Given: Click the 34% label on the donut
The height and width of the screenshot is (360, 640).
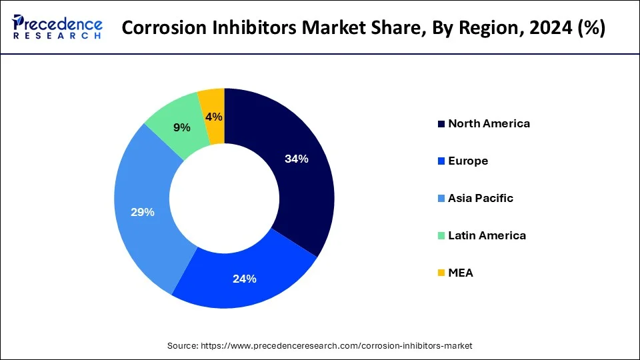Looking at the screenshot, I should click(x=295, y=159).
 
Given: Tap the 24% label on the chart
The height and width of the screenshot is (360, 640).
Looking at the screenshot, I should click(x=245, y=279).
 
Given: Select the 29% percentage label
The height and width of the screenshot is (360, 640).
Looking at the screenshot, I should click(x=143, y=212).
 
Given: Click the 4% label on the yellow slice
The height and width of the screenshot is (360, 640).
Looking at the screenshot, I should click(x=215, y=117).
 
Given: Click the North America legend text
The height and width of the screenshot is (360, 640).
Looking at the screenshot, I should click(x=489, y=123).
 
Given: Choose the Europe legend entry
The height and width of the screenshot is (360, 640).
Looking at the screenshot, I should click(x=468, y=161).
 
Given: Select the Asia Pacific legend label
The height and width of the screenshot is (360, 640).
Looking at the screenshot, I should click(x=481, y=198).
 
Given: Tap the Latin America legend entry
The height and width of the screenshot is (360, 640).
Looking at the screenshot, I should click(x=487, y=235).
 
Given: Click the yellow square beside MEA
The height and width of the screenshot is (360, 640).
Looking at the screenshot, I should click(x=441, y=273).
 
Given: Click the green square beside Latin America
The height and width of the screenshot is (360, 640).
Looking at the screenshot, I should click(x=441, y=236).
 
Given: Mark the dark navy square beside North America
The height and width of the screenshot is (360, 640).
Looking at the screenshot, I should click(x=441, y=124).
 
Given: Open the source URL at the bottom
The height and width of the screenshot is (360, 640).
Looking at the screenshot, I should click(x=341, y=345).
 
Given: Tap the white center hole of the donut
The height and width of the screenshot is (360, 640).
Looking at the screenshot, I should click(x=224, y=199).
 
